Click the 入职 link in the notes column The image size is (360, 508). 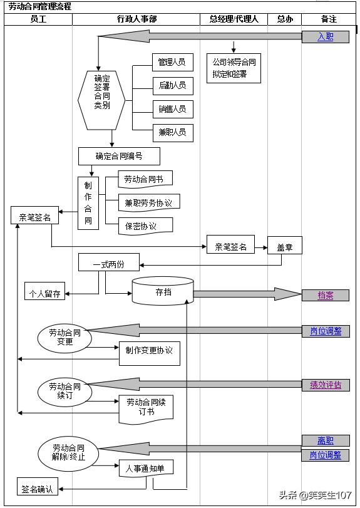[x=326, y=36]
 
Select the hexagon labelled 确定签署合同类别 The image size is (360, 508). [x=101, y=100]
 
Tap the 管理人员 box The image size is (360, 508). [x=173, y=62]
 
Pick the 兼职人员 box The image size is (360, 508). [x=173, y=133]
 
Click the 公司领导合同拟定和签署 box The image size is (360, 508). [x=234, y=68]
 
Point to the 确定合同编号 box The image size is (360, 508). [x=119, y=156]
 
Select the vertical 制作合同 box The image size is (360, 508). [x=88, y=203]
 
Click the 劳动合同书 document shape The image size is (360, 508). [x=145, y=179]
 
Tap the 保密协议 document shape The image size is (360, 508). [x=145, y=226]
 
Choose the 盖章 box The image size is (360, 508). [x=285, y=246]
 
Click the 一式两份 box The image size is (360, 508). [x=109, y=262]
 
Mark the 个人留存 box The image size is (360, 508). [x=44, y=291]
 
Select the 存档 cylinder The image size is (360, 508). [x=163, y=291]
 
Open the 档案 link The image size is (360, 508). [x=326, y=295]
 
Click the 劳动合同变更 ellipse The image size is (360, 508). [x=64, y=338]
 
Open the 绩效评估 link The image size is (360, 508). [x=326, y=385]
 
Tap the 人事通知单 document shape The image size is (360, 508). [x=146, y=468]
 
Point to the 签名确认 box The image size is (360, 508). [x=37, y=486]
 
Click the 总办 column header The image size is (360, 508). [x=285, y=19]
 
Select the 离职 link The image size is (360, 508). [x=326, y=440]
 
